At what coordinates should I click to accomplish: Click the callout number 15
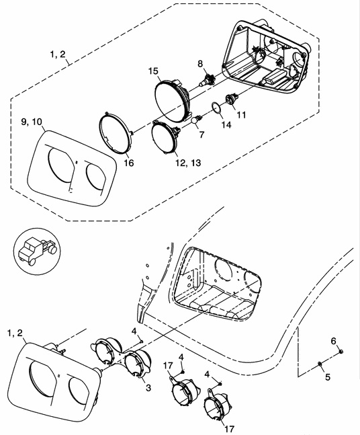pyautogui.click(x=153, y=71)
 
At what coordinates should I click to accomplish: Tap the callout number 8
pyautogui.click(x=200, y=64)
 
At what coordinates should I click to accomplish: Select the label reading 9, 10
pyautogui.click(x=32, y=122)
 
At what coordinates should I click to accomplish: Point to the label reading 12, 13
pyautogui.click(x=188, y=163)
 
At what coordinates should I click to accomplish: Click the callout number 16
pyautogui.click(x=129, y=163)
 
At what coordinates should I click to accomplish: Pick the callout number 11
pyautogui.click(x=241, y=114)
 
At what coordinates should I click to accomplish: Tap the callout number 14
pyautogui.click(x=226, y=125)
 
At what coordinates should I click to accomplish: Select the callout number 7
pyautogui.click(x=201, y=134)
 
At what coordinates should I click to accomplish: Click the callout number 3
pyautogui.click(x=148, y=387)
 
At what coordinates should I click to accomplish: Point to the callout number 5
pyautogui.click(x=328, y=377)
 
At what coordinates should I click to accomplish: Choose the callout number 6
pyautogui.click(x=333, y=340)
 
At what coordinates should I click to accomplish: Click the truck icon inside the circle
pyautogui.click(x=37, y=251)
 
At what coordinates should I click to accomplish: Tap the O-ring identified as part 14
pyautogui.click(x=216, y=108)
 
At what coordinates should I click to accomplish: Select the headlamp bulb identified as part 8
pyautogui.click(x=206, y=79)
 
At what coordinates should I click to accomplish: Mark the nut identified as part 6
pyautogui.click(x=341, y=352)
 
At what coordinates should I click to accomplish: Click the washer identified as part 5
pyautogui.click(x=319, y=364)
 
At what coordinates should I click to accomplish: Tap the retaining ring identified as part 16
pyautogui.click(x=115, y=132)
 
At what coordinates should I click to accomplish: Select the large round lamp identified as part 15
pyautogui.click(x=172, y=100)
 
